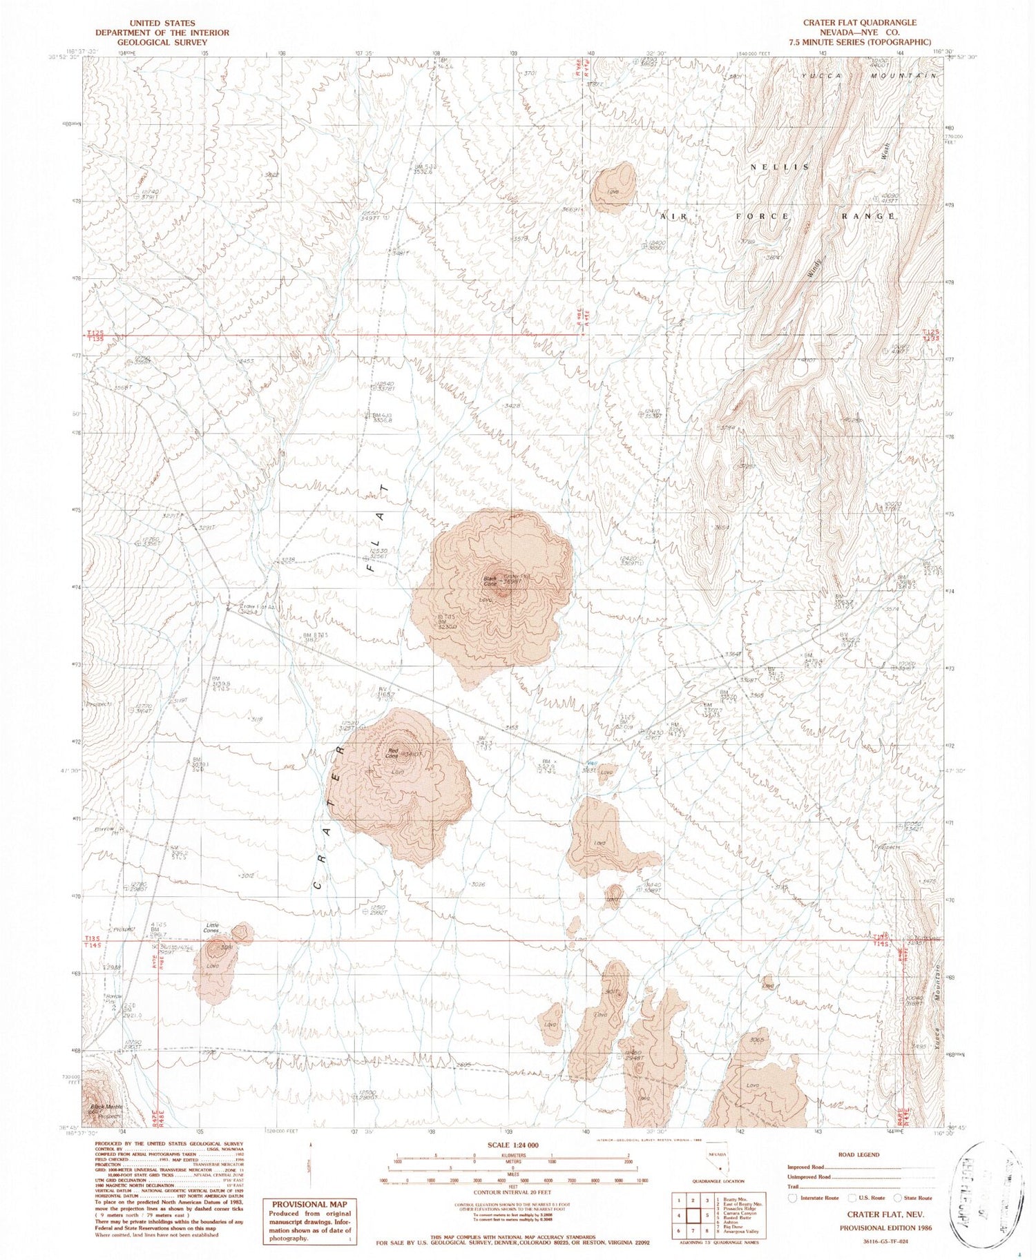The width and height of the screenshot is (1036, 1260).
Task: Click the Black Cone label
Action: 491,581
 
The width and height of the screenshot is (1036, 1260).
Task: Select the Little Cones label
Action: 211,927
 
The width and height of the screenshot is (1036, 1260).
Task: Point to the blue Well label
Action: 583,762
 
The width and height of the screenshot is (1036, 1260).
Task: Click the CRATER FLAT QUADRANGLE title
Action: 859,23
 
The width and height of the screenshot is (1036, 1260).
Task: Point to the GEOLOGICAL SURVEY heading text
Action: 162,42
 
